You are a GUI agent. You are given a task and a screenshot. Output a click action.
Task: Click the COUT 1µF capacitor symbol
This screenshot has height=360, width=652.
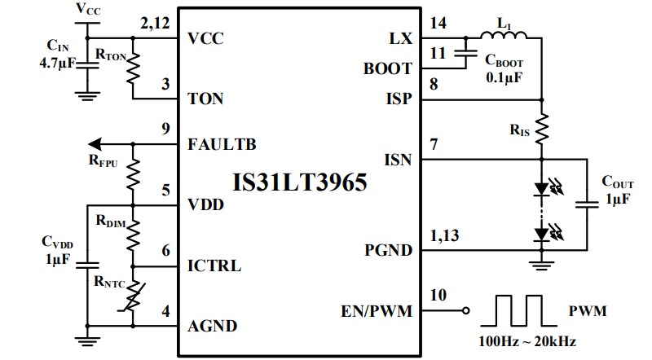[586, 204]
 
